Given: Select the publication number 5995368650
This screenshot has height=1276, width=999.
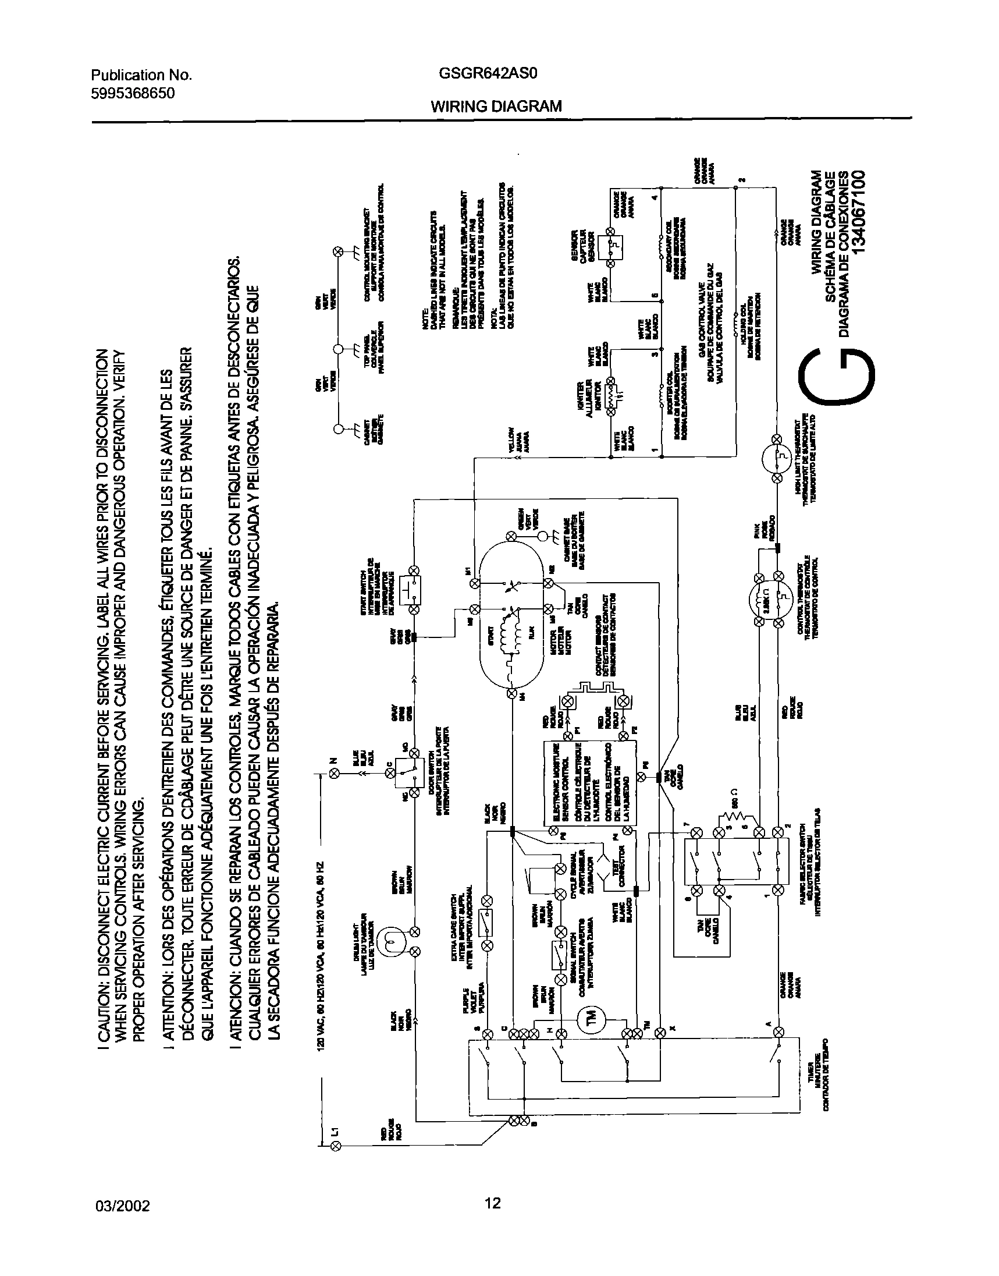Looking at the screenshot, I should point(133,93).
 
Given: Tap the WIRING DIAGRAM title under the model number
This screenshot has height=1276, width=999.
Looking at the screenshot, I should point(496,106).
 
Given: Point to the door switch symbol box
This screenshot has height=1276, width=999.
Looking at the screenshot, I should point(405,772).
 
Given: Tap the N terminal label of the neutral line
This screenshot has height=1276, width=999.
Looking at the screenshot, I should point(334,761).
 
